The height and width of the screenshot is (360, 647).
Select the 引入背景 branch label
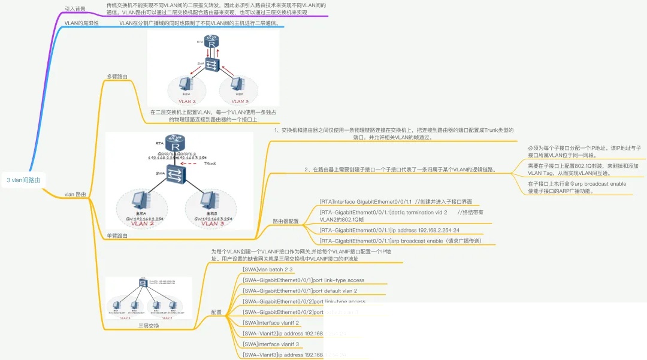pos(75,9)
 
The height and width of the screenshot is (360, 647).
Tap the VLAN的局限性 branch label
pos(81,23)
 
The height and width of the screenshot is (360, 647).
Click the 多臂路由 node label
pos(117,77)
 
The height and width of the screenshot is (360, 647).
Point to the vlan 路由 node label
pos(75,194)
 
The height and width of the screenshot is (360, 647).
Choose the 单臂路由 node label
pos(117,236)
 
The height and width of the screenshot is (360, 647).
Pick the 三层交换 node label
pos(149,326)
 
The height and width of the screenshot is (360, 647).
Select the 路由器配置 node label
pos(286,221)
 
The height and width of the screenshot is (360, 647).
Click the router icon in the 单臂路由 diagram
pos(176,144)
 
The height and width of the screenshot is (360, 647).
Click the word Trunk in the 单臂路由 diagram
pos(210,164)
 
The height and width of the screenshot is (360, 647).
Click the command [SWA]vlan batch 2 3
pos(267,270)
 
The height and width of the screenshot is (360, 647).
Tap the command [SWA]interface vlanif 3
pos(271,344)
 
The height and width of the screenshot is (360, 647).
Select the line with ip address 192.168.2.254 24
pos(389,229)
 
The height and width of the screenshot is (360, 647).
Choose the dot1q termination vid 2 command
pos(383,212)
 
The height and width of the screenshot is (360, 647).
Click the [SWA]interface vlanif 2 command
pos(271,323)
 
